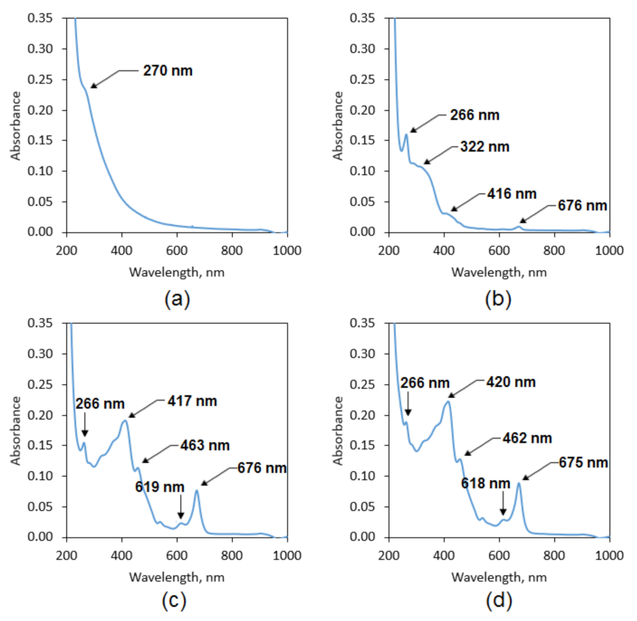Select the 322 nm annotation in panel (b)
[x=484, y=147]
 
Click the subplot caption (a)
[x=177, y=298]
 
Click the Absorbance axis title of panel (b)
[x=339, y=125]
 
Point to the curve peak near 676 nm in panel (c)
[x=197, y=490]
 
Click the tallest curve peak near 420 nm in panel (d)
[x=448, y=402]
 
